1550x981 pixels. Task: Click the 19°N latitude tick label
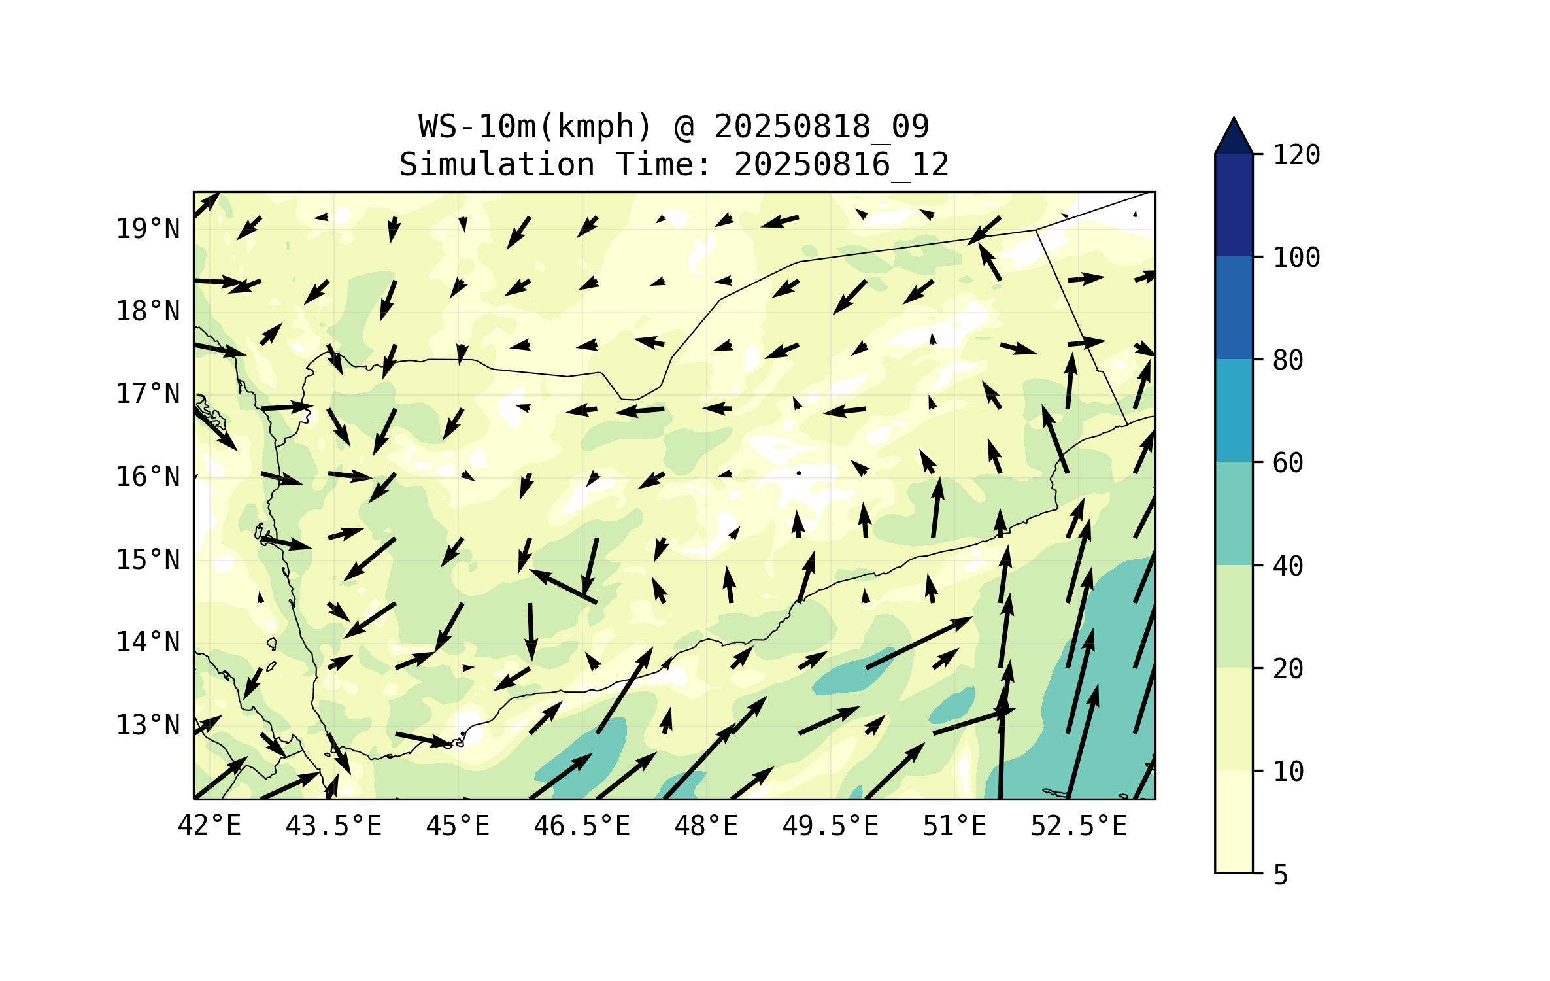(148, 230)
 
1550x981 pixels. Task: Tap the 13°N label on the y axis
(148, 726)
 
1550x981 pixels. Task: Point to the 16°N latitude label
(148, 477)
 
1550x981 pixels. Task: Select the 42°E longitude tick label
(209, 826)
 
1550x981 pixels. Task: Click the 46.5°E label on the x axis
(582, 826)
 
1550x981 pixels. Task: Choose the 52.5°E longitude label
(1079, 826)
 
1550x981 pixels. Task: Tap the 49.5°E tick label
(830, 826)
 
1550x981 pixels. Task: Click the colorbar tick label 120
(1296, 156)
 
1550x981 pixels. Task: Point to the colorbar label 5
(1281, 875)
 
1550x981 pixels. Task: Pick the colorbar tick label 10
(1288, 772)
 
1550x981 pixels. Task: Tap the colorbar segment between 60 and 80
(1234, 411)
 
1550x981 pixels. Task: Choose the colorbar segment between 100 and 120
(1234, 205)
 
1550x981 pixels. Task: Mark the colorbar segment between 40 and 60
(1234, 513)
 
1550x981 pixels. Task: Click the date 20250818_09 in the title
(821, 127)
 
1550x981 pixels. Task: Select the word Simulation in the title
(497, 165)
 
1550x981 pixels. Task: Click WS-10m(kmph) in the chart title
(535, 127)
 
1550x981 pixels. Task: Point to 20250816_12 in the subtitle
(841, 165)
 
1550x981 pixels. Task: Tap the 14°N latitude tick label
(148, 643)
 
